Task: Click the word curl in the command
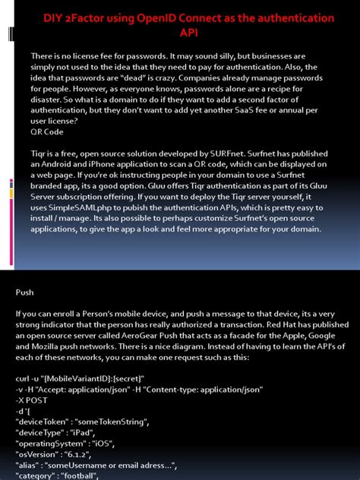coord(24,378)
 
